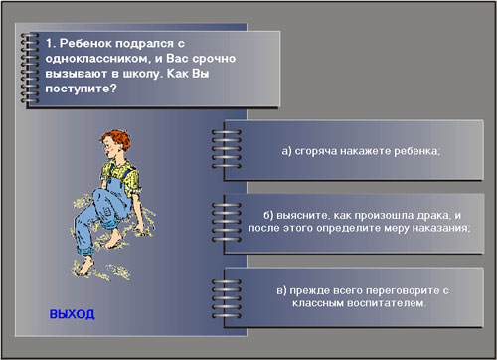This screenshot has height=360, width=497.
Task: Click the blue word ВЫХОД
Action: click(73, 314)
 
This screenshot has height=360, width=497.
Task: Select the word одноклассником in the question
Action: click(97, 59)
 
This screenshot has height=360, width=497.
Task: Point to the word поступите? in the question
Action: click(82, 89)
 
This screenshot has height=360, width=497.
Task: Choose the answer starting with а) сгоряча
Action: click(361, 151)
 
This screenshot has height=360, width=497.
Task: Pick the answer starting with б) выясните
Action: click(360, 222)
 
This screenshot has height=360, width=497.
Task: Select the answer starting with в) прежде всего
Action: click(363, 296)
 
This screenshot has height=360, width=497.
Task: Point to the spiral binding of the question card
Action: click(30, 68)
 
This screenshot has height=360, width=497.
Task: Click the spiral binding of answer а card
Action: click(227, 149)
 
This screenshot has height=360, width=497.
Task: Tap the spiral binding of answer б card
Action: click(227, 222)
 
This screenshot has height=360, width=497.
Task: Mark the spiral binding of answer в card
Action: click(227, 298)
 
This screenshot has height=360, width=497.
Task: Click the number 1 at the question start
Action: click(49, 43)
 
